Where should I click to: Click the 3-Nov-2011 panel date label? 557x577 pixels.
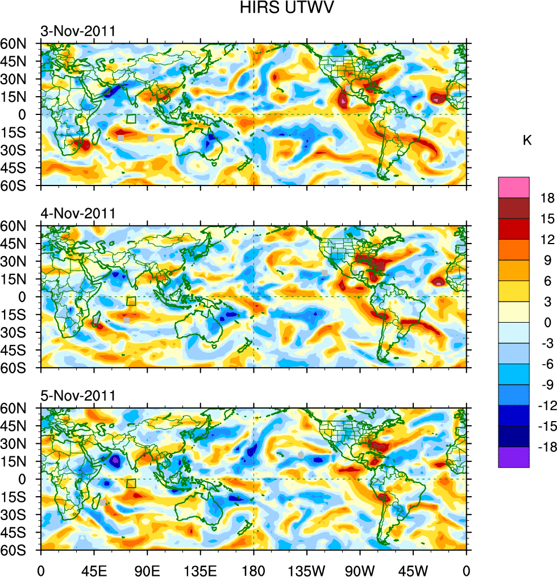tap(78, 31)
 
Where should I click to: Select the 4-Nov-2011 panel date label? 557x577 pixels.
tap(78, 214)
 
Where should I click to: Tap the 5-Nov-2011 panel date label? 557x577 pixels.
tap(78, 396)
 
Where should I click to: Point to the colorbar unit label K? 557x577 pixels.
tap(527, 140)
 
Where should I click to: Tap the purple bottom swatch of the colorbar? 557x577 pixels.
tap(514, 458)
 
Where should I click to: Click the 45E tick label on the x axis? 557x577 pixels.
tap(94, 569)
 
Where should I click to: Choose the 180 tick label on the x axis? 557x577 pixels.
tap(253, 569)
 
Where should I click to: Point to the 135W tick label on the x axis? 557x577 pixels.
tap(306, 569)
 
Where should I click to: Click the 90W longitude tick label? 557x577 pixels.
tap(360, 569)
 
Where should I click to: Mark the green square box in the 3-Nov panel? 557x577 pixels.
tap(131, 119)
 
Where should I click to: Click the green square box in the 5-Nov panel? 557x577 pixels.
tap(131, 483)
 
